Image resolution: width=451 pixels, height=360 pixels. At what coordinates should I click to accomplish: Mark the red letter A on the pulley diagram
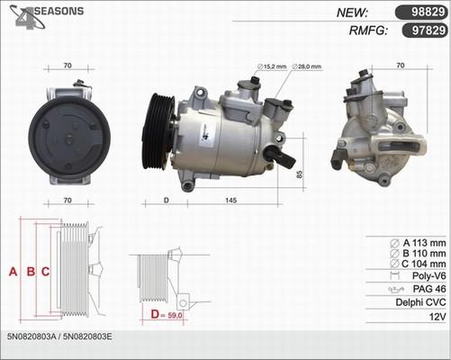tap(13, 271)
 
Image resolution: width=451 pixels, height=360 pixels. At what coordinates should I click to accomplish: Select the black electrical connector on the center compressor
tap(283, 160)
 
